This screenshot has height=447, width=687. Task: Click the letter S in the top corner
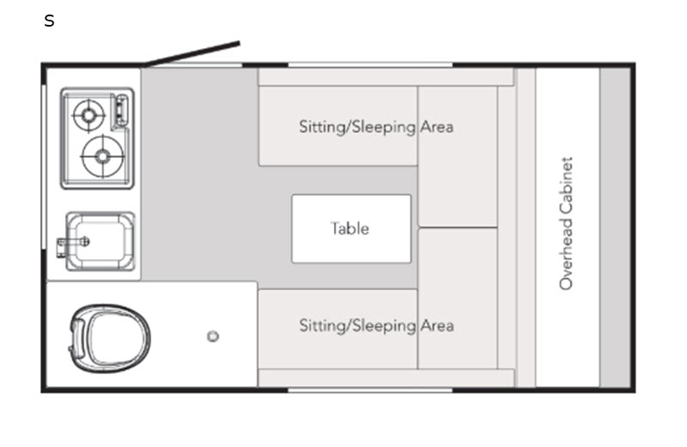coord(49,21)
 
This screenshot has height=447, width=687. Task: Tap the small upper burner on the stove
coord(88,113)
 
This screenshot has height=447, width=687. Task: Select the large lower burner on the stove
coord(102,155)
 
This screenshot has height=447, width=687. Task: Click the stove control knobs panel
coord(120,112)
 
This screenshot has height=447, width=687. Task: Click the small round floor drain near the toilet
coord(213,336)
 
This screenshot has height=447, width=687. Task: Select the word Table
coord(350,228)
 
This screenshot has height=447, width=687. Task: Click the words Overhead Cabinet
coord(566,223)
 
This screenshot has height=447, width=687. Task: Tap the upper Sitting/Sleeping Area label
coord(375,127)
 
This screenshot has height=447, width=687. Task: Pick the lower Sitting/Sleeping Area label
coord(375,326)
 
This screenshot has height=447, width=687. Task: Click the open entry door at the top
coord(192,53)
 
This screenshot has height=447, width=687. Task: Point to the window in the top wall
coord(369,64)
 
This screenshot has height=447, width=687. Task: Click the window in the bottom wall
coord(369,390)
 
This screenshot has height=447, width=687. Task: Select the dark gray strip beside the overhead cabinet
coord(615,227)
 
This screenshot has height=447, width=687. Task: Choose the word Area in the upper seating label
coord(437,127)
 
